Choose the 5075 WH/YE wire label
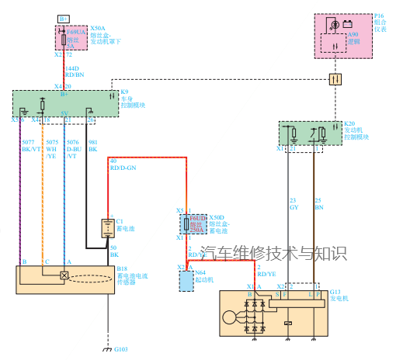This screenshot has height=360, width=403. click(52, 149)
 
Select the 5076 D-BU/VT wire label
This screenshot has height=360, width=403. click(73, 149)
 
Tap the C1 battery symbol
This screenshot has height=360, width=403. click(106, 228)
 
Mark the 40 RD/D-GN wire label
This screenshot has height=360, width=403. click(123, 164)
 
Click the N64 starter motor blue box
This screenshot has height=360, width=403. click(186, 280)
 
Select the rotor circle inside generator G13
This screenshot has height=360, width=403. click(231, 317)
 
